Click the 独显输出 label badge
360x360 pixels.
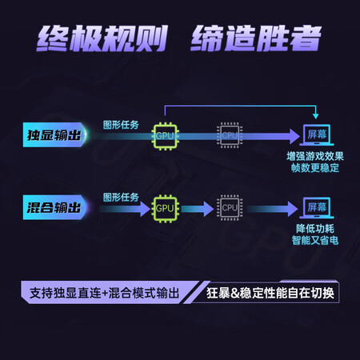point(55,134)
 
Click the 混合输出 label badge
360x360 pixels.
point(55,207)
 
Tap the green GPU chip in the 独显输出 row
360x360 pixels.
point(165,136)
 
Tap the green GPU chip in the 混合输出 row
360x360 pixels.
point(165,209)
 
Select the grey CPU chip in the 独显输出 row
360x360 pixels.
point(230,135)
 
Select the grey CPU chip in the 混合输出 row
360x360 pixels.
point(230,208)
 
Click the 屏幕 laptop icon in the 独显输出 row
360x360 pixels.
point(317,135)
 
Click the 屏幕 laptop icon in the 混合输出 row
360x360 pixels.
point(317,207)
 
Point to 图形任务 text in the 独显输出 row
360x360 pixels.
point(121,125)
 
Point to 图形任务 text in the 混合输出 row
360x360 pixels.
point(121,198)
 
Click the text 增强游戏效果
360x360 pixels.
point(315,156)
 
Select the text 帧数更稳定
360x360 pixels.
point(315,168)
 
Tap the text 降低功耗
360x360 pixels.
point(315,229)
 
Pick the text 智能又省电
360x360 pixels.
point(315,240)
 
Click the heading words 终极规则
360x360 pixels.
point(102,38)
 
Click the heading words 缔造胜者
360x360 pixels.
point(256,38)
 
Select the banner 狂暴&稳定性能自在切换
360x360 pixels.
point(270,293)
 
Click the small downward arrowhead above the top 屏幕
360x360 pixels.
point(316,116)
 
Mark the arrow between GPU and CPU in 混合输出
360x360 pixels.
point(198,209)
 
